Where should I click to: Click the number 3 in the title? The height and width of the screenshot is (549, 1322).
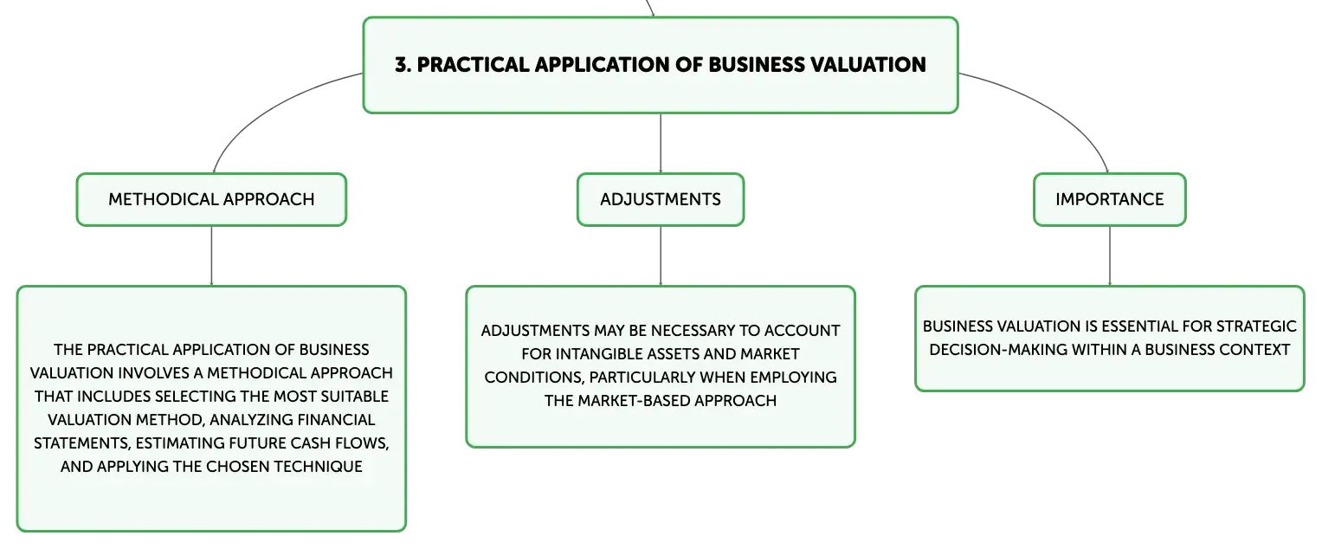coord(400,65)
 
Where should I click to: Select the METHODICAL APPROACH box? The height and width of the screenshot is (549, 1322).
coord(211,199)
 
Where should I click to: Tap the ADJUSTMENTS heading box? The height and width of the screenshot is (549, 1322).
coord(661,199)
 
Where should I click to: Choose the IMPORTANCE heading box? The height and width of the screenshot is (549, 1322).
coord(1109,199)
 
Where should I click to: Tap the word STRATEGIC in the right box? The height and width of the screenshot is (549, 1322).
coord(1252,326)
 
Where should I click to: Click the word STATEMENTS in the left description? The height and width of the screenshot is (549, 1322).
coord(74,442)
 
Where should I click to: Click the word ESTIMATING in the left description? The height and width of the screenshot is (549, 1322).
coord(173,442)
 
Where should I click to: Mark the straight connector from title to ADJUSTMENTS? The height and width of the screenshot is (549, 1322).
coord(661,144)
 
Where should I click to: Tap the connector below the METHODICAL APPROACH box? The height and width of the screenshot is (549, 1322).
coord(211,256)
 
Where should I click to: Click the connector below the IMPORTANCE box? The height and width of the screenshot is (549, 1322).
coord(1109,256)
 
